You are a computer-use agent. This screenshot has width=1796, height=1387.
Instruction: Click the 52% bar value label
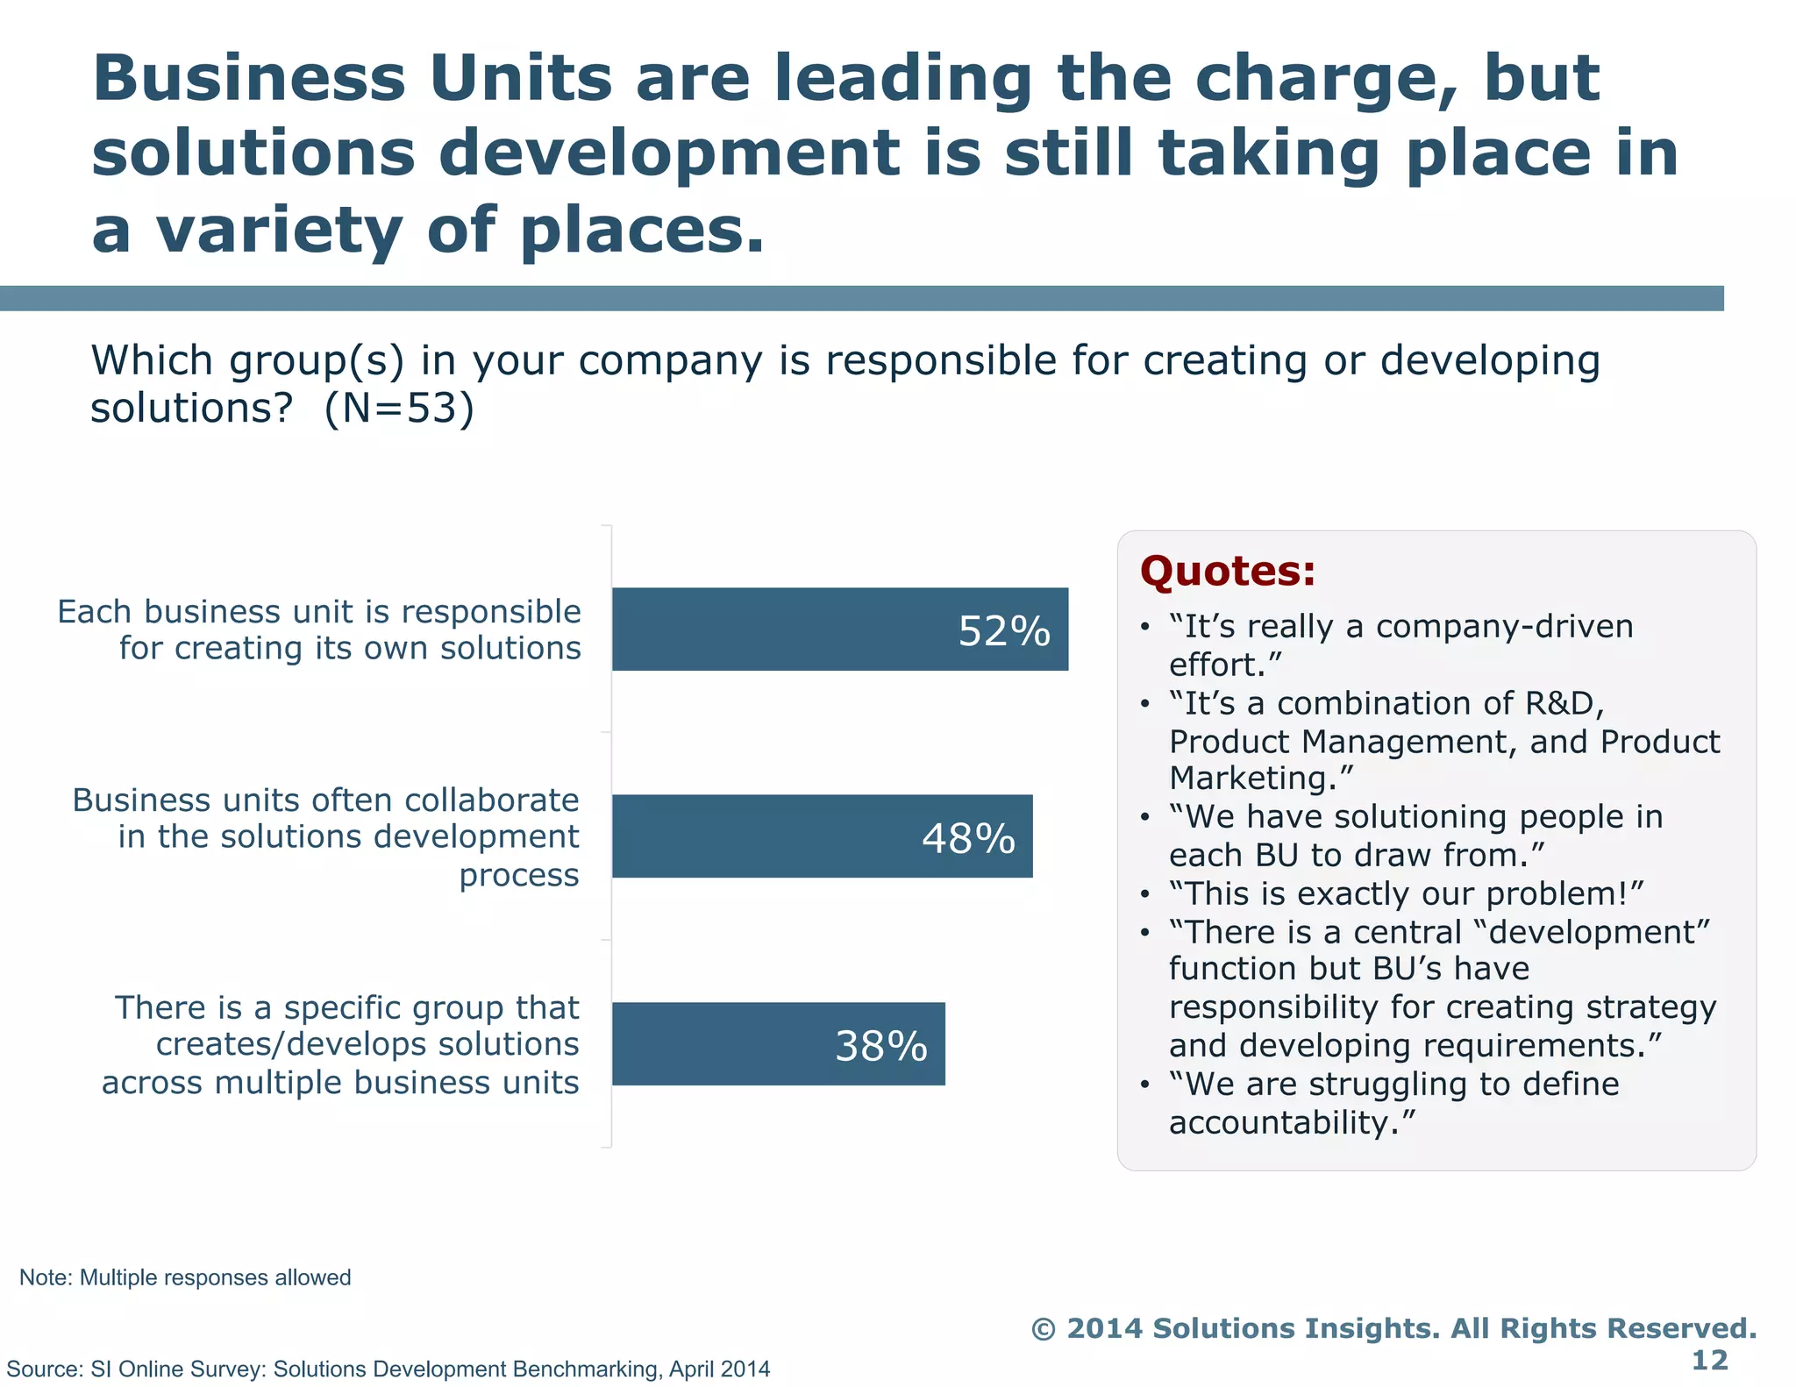(1003, 631)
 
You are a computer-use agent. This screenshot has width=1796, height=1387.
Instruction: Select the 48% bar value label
(968, 838)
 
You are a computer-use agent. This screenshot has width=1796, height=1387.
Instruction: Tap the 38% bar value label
(880, 1046)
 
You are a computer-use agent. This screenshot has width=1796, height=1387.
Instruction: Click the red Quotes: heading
(1227, 571)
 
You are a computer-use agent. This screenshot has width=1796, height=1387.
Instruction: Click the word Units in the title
(520, 79)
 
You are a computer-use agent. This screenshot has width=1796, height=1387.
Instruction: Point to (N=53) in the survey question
(400, 409)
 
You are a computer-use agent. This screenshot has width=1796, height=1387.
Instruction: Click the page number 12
(1709, 1360)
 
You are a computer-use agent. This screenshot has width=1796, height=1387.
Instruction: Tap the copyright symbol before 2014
(1043, 1329)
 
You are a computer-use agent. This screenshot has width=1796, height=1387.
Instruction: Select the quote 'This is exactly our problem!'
(1406, 893)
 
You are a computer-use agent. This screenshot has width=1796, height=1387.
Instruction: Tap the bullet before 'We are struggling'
(1144, 1085)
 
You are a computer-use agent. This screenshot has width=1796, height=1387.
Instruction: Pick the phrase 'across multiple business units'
(340, 1083)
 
